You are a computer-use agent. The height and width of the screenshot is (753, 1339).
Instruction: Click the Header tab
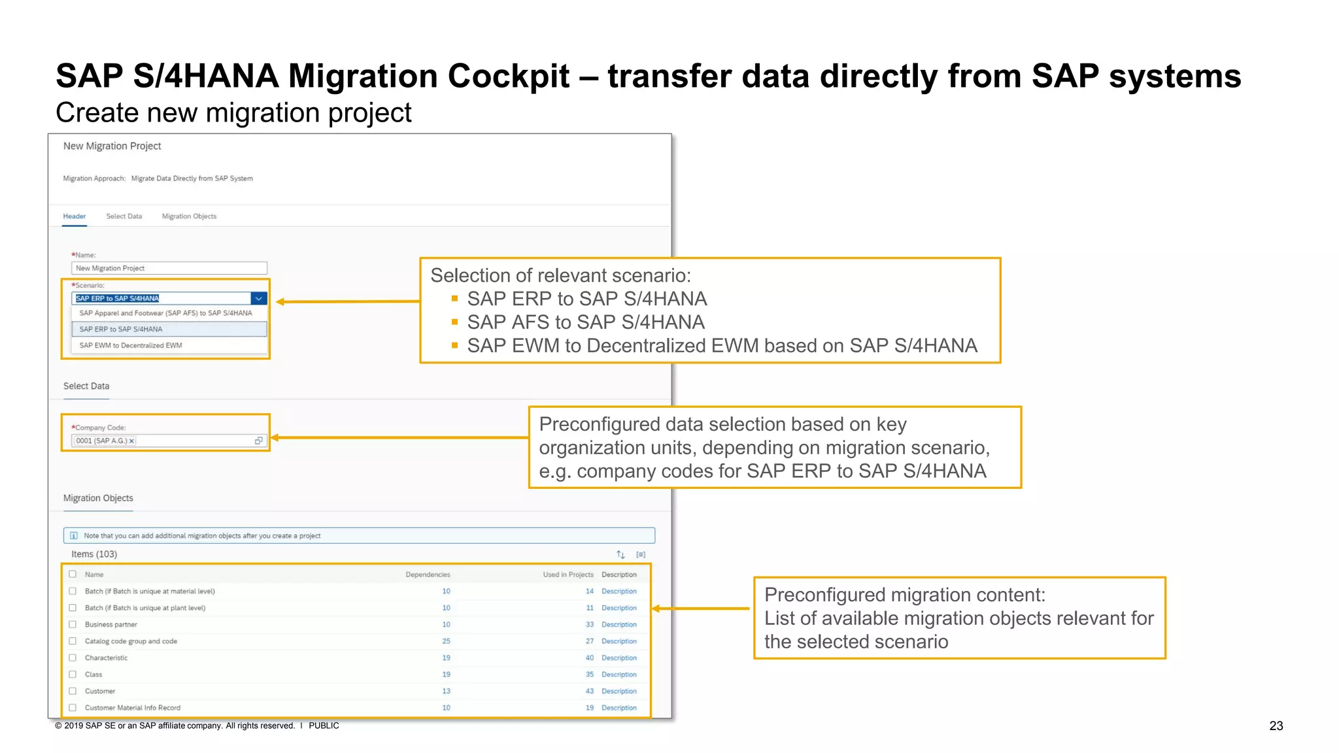74,216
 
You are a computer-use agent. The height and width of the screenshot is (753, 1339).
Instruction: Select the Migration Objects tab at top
189,216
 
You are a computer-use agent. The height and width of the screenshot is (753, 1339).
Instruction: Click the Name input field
169,268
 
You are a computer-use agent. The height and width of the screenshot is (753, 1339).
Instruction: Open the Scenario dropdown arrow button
259,299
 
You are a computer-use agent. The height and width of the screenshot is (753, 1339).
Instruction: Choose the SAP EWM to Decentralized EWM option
131,345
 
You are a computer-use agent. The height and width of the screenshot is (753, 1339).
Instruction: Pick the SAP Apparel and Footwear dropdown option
165,313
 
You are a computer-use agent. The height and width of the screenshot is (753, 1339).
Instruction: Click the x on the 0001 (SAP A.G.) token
131,441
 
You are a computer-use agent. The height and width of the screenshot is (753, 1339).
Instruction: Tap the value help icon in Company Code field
259,441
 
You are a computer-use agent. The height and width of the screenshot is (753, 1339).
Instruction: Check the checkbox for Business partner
73,624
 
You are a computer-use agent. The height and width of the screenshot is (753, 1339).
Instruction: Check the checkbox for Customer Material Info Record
73,707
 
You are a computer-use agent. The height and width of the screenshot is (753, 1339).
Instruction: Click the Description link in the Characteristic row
619,658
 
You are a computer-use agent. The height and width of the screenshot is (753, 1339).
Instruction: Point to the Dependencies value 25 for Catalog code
446,641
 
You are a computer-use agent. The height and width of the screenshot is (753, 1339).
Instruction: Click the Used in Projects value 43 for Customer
589,691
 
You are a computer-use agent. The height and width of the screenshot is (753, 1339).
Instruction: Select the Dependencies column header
428,575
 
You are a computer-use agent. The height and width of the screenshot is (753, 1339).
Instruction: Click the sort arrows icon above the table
620,554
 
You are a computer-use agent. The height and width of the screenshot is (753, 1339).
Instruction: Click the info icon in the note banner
74,536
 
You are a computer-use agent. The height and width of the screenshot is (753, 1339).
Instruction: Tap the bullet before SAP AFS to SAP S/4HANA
454,322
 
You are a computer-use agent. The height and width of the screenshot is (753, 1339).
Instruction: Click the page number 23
1276,726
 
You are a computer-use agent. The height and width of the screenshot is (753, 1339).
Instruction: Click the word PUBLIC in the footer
324,726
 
